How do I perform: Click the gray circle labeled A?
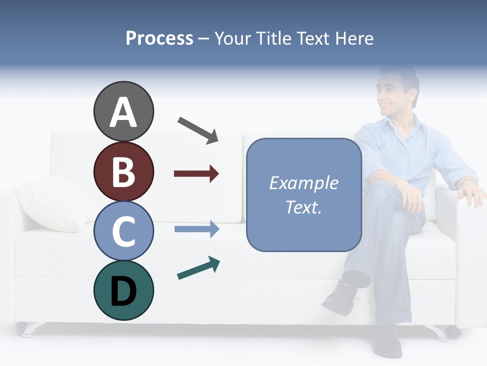(123, 111)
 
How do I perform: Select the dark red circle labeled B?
(123, 171)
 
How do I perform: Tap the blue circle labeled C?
(123, 231)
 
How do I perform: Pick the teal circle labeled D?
(123, 290)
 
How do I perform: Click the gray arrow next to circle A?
(198, 129)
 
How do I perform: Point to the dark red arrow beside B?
(196, 174)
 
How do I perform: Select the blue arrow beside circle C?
(197, 229)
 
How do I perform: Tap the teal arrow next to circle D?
(198, 268)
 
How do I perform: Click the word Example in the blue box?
(303, 183)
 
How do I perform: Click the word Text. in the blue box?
(303, 207)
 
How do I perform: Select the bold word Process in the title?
(159, 39)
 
